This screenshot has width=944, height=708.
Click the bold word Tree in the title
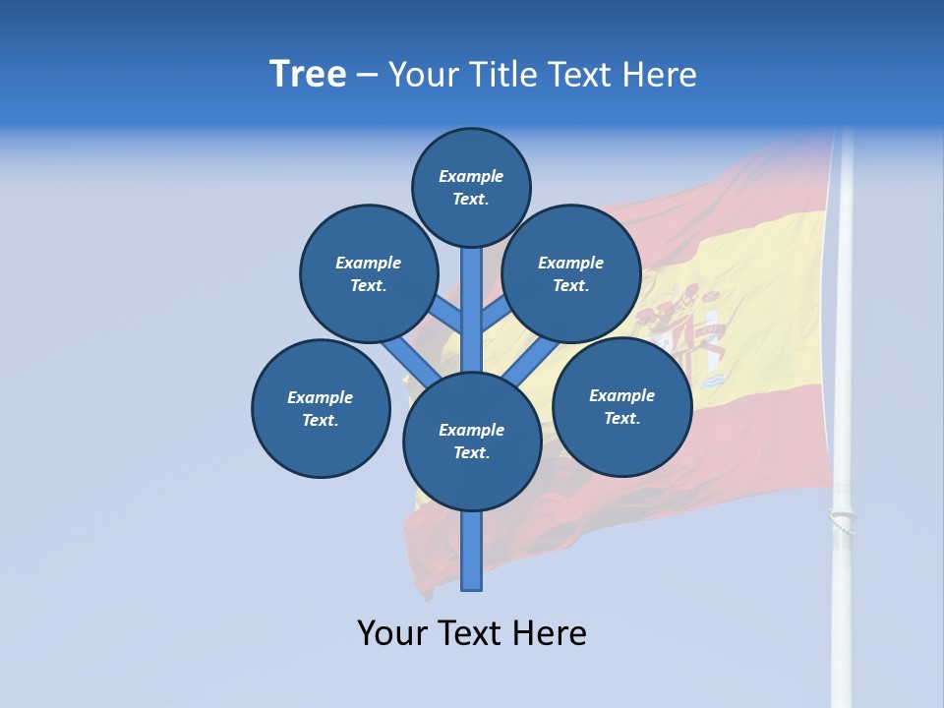(308, 74)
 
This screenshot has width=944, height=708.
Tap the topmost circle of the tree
(471, 187)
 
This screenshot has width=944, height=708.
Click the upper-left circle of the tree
(368, 273)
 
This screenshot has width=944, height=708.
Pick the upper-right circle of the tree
(570, 273)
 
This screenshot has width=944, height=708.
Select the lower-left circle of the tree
(321, 408)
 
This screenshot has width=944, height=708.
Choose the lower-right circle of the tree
(621, 406)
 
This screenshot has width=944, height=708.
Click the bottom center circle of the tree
(472, 442)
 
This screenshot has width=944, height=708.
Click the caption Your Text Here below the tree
(472, 633)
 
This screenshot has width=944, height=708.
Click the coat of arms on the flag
(688, 329)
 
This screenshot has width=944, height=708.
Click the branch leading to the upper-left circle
(447, 316)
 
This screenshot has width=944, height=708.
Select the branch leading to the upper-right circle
(496, 316)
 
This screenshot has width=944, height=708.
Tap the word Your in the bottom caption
(392, 633)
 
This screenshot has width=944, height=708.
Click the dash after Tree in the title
(367, 75)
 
